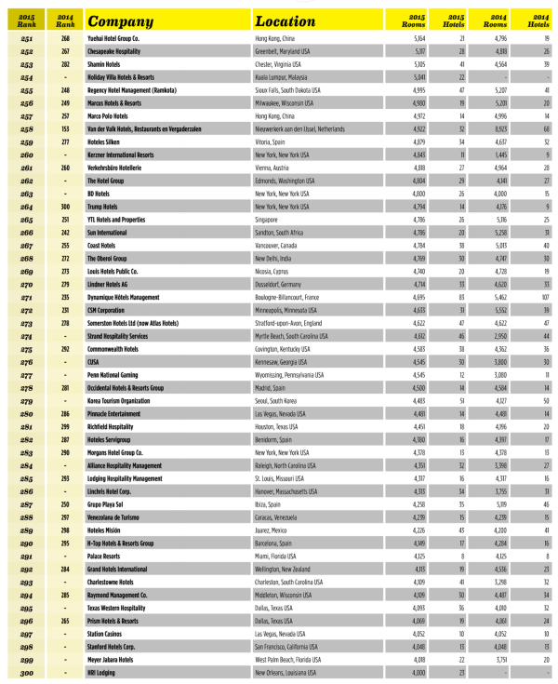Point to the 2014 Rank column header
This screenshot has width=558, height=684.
tap(65, 18)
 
